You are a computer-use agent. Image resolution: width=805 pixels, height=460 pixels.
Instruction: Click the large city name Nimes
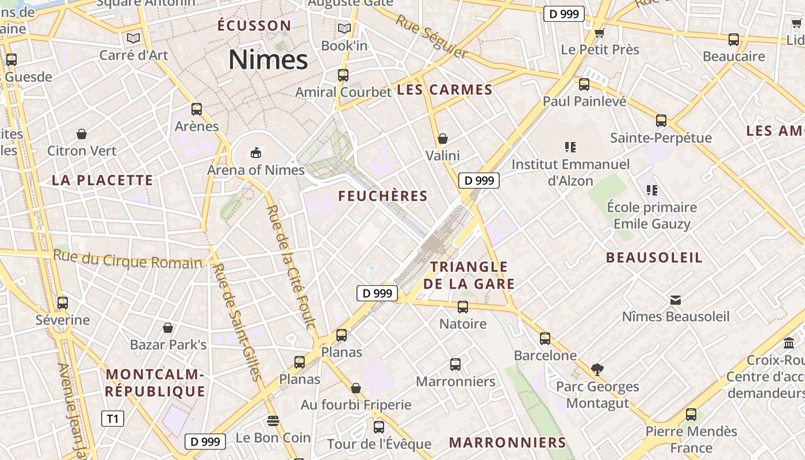(268, 60)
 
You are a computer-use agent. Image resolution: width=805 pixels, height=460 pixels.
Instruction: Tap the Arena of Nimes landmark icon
(255, 152)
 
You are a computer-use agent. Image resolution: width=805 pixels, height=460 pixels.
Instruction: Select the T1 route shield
(112, 419)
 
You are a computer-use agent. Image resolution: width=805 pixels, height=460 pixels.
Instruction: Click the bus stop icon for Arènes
(197, 109)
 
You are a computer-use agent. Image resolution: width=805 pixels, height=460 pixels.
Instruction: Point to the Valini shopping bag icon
(442, 139)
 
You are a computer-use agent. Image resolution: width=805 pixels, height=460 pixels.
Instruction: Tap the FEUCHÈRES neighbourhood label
(383, 196)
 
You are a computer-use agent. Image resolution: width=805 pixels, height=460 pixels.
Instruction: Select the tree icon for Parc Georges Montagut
(597, 369)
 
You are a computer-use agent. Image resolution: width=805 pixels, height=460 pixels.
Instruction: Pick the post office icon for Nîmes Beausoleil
(676, 300)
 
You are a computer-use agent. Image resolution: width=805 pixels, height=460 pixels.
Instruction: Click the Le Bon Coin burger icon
(273, 420)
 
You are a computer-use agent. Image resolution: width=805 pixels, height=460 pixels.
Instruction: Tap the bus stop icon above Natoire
(463, 306)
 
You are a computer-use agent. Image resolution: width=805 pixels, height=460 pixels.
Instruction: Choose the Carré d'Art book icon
(133, 38)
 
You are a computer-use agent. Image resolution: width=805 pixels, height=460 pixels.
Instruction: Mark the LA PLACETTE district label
(102, 180)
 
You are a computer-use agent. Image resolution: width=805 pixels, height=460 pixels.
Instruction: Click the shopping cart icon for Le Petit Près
(600, 32)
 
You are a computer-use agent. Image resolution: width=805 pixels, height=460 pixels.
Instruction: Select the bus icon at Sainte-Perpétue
(661, 121)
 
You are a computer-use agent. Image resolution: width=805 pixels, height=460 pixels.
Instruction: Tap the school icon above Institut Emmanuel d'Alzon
(570, 147)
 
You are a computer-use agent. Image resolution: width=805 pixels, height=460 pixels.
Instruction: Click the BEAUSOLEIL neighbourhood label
(654, 258)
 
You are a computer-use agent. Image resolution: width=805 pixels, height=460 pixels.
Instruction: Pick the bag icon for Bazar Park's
(168, 328)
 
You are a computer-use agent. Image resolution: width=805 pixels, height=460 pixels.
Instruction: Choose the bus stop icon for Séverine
(63, 302)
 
